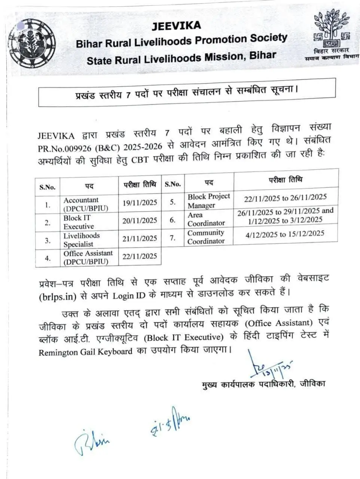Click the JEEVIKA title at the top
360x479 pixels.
pos(176,25)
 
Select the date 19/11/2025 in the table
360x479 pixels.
pos(140,203)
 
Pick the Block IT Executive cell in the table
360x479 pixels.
pos(79,222)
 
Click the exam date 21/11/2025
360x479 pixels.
pos(140,238)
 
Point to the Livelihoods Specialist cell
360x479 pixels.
pos(81,240)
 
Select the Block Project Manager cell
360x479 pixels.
pos(209,201)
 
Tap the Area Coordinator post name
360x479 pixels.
pos(206,219)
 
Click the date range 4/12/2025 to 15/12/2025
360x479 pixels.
pos(285,234)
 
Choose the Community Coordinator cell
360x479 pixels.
pos(206,237)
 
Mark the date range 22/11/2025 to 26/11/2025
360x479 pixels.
pos(285,197)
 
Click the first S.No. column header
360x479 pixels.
pos(48,187)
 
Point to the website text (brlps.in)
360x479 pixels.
pos(58,296)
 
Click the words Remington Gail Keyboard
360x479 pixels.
pos(85,352)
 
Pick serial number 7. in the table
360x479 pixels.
pos(173,238)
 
